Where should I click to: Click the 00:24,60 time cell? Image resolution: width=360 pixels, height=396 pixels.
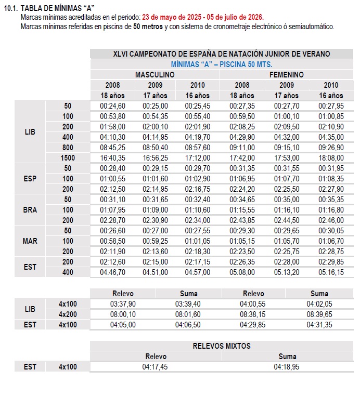pos(112,105)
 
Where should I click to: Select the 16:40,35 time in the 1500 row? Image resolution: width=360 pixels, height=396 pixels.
pos(112,157)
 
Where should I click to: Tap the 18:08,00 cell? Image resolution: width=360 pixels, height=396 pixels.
pos(331,157)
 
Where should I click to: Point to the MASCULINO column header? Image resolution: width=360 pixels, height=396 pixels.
pos(155,75)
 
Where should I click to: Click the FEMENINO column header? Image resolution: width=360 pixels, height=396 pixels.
pos(287,75)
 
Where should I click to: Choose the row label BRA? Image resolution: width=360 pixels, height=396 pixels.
pos(30,209)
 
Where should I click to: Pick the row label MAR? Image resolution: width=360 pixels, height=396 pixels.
pos(30,241)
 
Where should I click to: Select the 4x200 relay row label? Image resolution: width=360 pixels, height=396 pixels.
pos(68,314)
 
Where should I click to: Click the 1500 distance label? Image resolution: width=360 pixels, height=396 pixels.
pos(68,157)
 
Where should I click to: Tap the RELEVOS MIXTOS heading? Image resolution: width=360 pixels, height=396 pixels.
pos(222,346)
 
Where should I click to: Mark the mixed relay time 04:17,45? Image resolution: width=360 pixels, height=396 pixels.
pos(155,366)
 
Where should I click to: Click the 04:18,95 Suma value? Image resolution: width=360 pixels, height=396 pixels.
pos(287,366)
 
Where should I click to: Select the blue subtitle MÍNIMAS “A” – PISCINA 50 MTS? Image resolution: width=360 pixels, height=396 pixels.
pos(222,64)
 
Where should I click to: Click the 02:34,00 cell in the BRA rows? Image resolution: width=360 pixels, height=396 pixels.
pos(198,220)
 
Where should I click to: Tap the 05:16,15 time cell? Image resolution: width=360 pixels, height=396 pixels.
pos(331,272)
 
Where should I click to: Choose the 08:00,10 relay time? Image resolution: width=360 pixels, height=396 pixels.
pos(123,314)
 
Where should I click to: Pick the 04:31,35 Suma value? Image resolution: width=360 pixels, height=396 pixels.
pos(319,325)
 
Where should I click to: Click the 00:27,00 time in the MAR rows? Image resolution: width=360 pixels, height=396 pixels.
pos(155,230)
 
